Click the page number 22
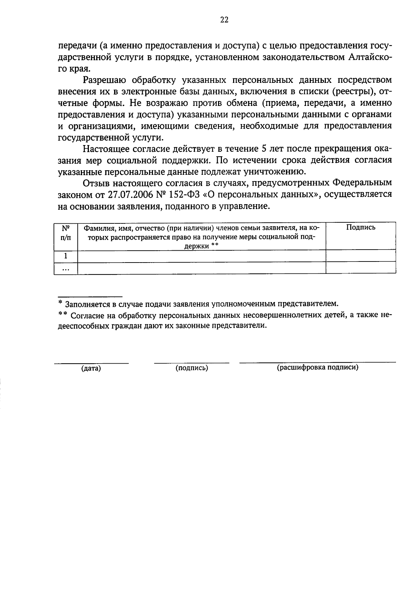(x=224, y=20)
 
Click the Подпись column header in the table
(x=361, y=227)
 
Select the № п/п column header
(x=65, y=233)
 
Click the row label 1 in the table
(x=65, y=256)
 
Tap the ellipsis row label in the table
(x=65, y=268)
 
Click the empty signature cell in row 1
(x=360, y=256)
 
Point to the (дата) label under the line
(x=91, y=368)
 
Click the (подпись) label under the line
(x=192, y=368)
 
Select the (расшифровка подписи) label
(x=317, y=368)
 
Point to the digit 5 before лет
(x=264, y=149)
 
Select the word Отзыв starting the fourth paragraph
(x=96, y=183)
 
